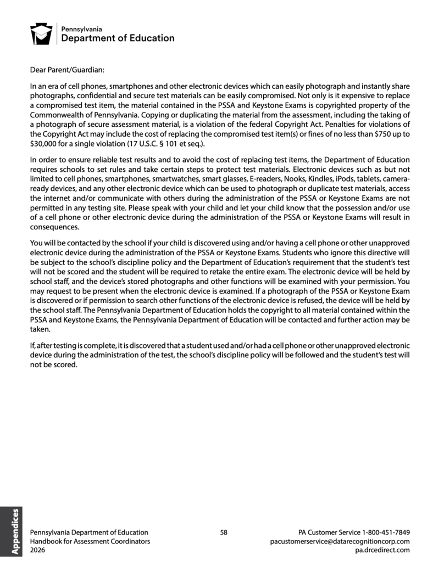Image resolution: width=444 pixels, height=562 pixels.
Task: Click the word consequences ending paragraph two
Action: point(54,227)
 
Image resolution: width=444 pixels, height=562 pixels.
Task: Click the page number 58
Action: point(224,532)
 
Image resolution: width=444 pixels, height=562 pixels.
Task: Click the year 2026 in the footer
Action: point(38,549)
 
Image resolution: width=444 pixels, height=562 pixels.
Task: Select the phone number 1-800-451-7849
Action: point(386,532)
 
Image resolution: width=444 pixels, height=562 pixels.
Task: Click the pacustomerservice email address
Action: point(340,541)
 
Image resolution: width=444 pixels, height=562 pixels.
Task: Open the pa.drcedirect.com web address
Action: point(382,549)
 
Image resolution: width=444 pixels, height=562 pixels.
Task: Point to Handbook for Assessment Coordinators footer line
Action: point(90,541)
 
